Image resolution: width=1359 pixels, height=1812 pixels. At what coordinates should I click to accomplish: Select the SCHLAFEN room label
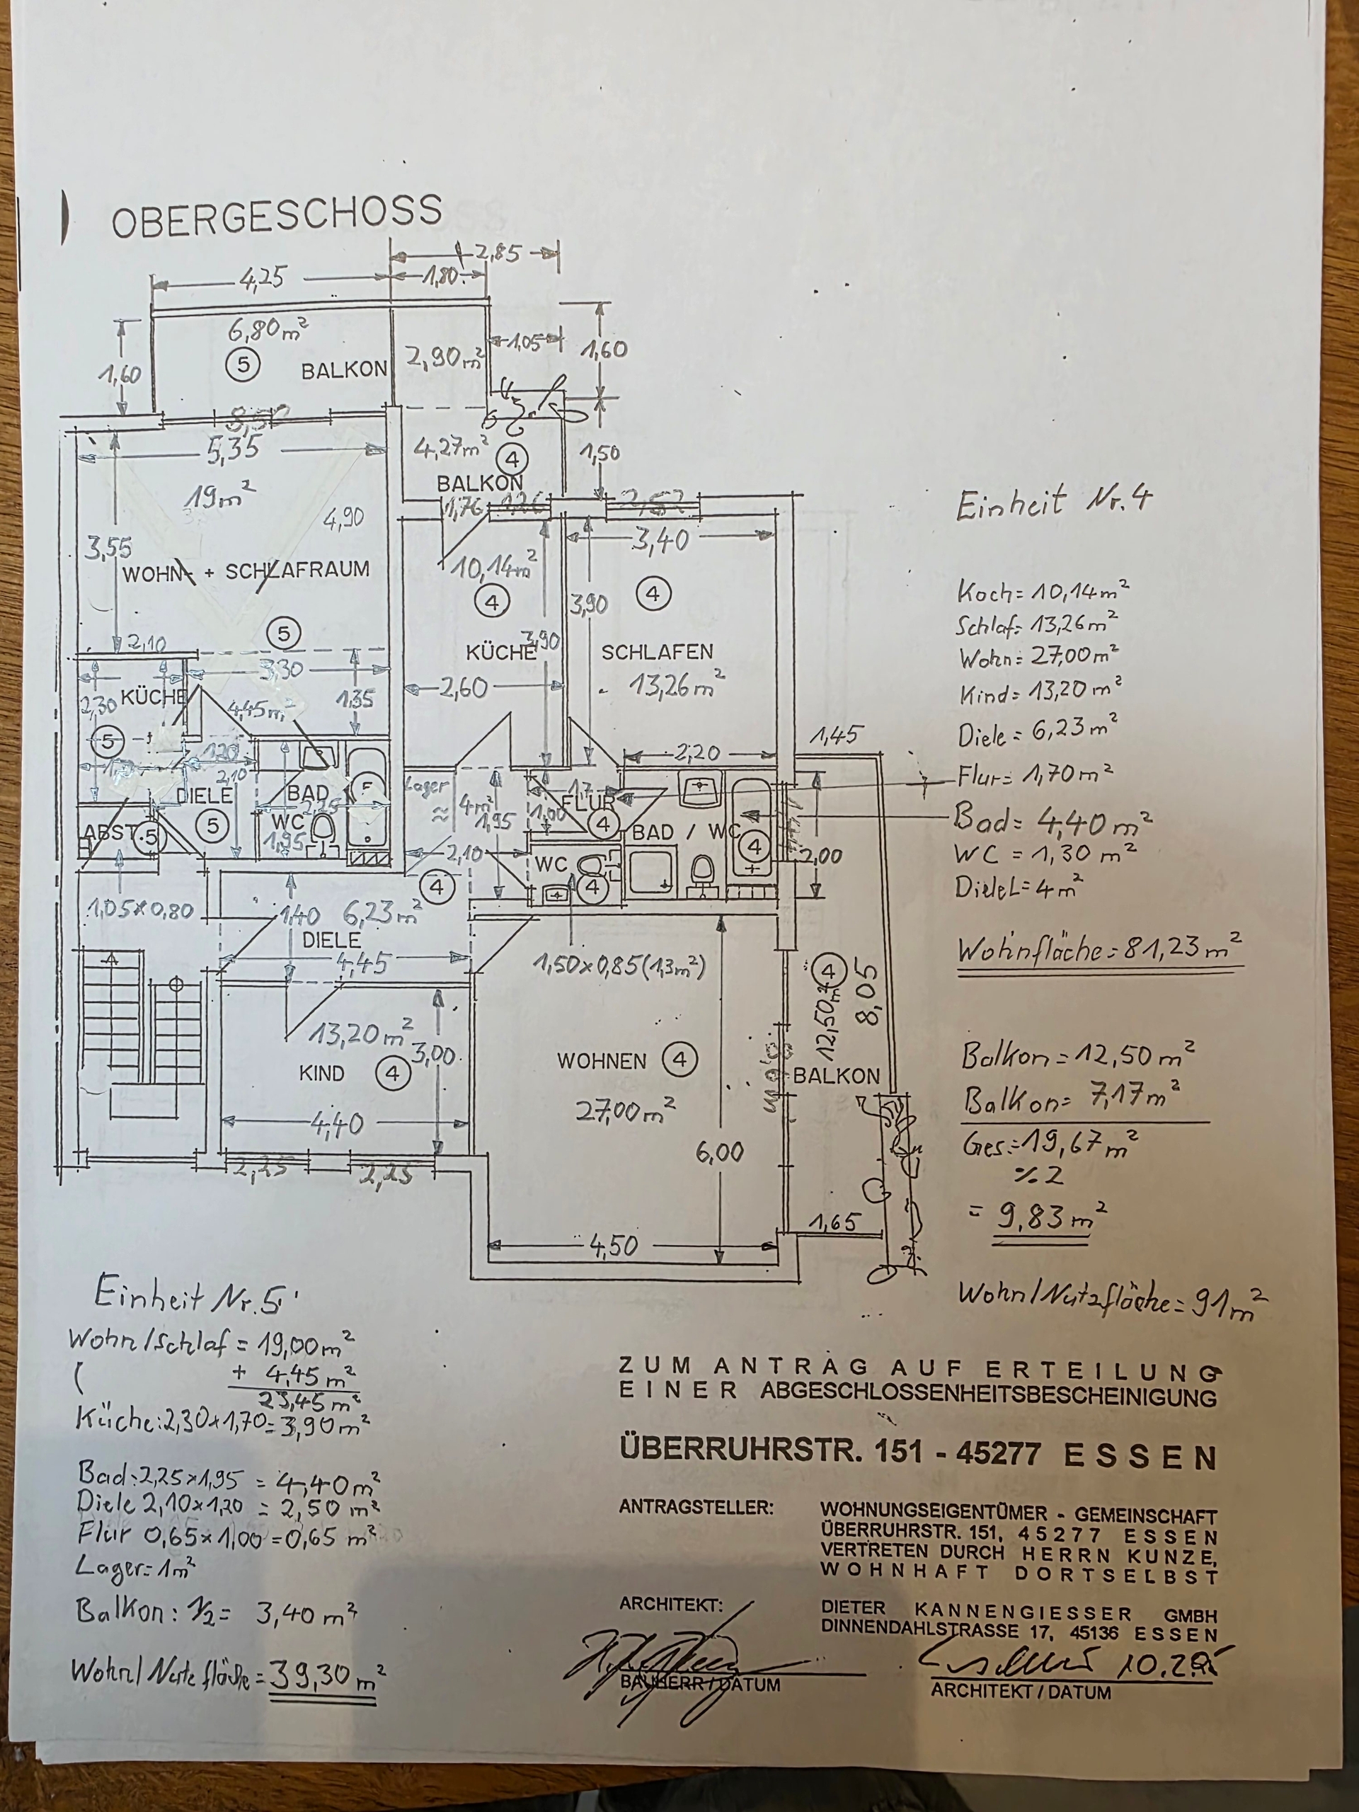[x=657, y=652]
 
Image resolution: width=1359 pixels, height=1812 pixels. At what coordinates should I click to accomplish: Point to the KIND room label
[x=322, y=1073]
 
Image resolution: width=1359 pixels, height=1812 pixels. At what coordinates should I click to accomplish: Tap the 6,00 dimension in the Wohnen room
[x=720, y=1152]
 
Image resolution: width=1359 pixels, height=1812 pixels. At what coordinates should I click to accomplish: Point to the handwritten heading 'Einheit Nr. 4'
[x=1053, y=502]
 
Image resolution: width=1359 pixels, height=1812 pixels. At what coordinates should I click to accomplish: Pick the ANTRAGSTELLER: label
[x=696, y=1507]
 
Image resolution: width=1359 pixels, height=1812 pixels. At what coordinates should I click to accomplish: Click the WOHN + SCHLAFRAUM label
[x=246, y=570]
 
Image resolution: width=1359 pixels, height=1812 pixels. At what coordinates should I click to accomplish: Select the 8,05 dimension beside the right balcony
[x=866, y=994]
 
